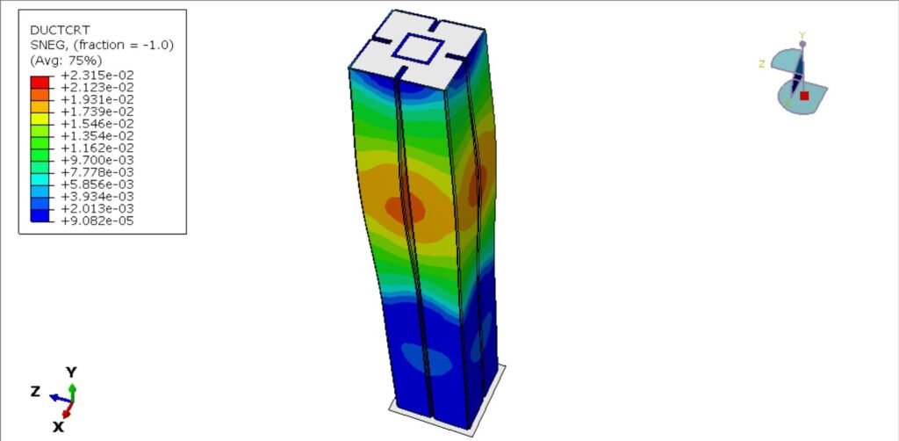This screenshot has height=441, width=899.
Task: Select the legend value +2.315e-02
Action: pos(97,76)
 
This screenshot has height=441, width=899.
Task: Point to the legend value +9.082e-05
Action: pos(97,220)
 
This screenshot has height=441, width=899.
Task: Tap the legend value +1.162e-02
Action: pos(97,148)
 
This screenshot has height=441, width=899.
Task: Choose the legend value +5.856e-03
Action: pos(97,184)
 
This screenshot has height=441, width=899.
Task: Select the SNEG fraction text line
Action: pos(101,45)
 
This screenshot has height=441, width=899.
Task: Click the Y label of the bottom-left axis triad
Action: pos(72,372)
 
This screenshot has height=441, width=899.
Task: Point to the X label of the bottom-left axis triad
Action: pos(58,426)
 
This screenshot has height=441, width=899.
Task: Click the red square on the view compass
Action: pos(803,96)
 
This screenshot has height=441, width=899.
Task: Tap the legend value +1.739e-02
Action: pos(97,112)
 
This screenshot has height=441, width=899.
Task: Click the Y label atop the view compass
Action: pos(802,35)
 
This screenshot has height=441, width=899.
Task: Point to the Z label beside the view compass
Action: pos(762,63)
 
